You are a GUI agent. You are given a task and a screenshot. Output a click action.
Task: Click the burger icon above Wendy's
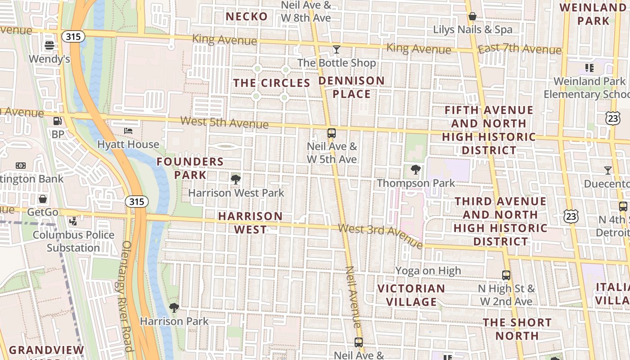[49, 45]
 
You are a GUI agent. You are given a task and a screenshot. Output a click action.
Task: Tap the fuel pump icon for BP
[58, 121]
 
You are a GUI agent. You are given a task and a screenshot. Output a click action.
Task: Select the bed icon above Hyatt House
[128, 131]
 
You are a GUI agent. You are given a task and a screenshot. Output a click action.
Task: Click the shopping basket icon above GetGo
[43, 198]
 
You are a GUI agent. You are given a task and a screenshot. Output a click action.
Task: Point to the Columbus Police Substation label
[73, 241]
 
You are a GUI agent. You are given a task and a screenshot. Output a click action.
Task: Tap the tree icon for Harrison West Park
[235, 180]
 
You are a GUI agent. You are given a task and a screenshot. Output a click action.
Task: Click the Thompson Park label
[416, 183]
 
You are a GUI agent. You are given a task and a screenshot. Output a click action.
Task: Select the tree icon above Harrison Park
[174, 308]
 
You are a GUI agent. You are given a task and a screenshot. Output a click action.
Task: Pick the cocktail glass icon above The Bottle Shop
[336, 49]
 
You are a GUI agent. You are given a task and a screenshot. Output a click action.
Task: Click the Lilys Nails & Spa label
[472, 30]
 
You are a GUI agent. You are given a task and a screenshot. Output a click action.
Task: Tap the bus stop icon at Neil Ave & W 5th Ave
[332, 133]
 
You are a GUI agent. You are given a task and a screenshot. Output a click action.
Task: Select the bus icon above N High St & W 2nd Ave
[506, 275]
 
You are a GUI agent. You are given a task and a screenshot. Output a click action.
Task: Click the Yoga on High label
[428, 270]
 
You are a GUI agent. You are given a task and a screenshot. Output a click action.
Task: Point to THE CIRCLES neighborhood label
[272, 83]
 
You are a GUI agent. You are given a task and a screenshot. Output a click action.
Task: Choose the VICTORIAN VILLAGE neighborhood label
[411, 295]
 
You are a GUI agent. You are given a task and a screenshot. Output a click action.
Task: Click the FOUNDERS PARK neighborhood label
[190, 168]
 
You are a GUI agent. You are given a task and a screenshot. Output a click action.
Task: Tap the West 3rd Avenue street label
[380, 235]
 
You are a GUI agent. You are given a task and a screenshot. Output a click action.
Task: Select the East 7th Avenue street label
[519, 49]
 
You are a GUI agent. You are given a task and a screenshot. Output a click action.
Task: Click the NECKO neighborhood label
[247, 17]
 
